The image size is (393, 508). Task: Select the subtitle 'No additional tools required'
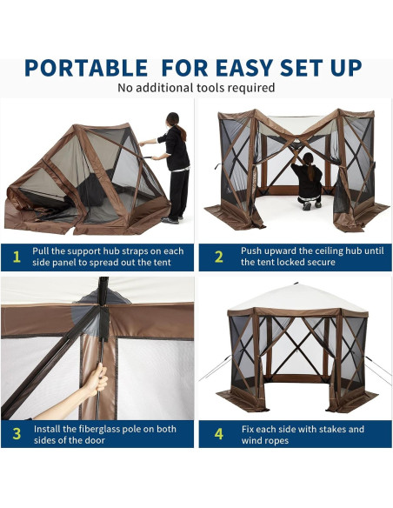[x=196, y=88]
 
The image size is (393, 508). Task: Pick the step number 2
[x=219, y=256]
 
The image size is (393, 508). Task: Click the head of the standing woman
[x=172, y=119]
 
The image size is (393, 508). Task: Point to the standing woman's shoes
[x=171, y=219]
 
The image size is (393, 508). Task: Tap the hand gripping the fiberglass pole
[x=98, y=379]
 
